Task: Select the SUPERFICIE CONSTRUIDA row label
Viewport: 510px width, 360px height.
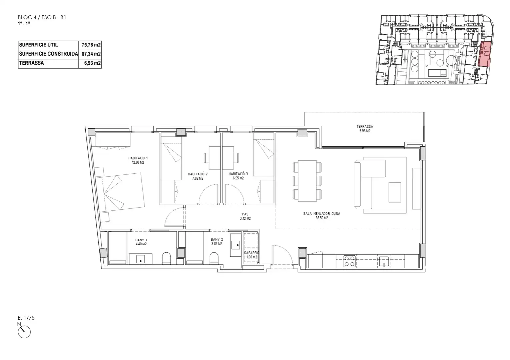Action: point(48,54)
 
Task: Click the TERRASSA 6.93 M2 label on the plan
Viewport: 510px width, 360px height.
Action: point(365,129)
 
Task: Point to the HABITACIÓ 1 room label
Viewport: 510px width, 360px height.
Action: point(138,160)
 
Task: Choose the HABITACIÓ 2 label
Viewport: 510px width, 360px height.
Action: point(197,176)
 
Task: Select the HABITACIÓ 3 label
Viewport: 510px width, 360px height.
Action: point(238,176)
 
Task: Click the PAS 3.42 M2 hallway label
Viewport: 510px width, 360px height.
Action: point(245,216)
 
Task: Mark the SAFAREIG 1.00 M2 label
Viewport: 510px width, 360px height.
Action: point(251,255)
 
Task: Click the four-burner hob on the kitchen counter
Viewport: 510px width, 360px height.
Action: point(350,261)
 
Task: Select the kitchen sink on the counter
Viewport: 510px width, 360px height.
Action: point(384,261)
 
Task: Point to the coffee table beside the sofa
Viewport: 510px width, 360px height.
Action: point(395,192)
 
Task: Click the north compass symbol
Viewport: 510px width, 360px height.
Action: point(24,332)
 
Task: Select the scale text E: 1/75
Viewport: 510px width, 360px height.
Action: point(26,318)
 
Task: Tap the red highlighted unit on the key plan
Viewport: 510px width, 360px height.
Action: point(484,54)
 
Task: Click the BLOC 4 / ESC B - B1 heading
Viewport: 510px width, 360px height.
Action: point(42,18)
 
